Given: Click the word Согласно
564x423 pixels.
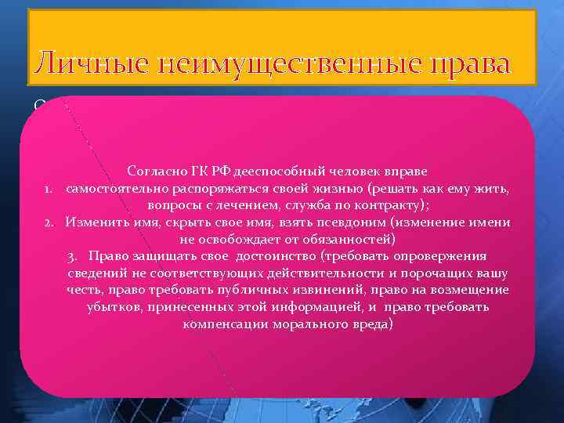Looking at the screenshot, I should point(153,172).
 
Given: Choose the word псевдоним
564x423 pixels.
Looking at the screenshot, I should point(361,222).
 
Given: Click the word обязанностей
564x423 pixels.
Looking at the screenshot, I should point(345,239).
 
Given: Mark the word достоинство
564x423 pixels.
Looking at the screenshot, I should point(268,256).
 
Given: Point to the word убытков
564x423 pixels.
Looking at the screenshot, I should point(113,307).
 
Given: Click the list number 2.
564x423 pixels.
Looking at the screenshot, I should point(49,222).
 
